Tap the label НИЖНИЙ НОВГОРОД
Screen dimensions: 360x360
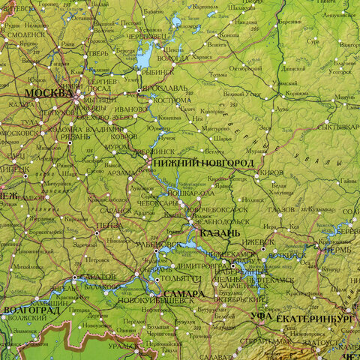[202, 163]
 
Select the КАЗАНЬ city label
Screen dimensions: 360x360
[219, 233]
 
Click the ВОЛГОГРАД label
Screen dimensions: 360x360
[31, 310]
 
